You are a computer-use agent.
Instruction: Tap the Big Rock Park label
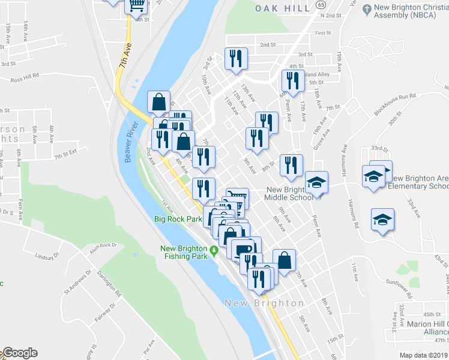pyautogui.click(x=178, y=219)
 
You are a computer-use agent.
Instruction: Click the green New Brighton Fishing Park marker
pyautogui.click(x=212, y=249)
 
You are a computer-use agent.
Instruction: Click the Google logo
pyautogui.click(x=19, y=353)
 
